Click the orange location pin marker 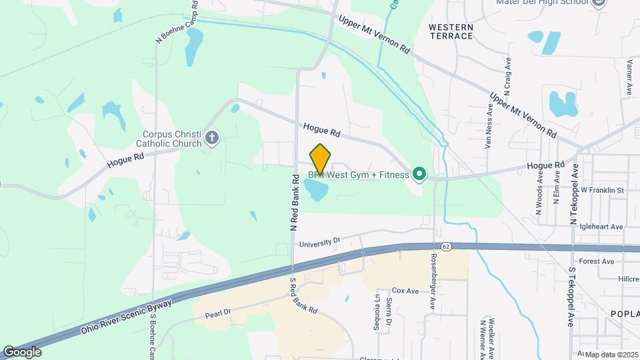click(320, 159)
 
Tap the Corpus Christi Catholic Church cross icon click(212, 138)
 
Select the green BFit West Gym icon click(419, 175)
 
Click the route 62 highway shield click(446, 247)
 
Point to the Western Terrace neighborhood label click(451, 31)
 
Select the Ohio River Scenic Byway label click(127, 317)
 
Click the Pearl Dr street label click(217, 313)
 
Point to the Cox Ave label click(405, 291)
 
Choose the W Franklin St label click(601, 190)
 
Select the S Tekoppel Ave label click(571, 296)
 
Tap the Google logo click(21, 352)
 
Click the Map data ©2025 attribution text click(611, 355)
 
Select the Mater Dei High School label click(543, 2)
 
